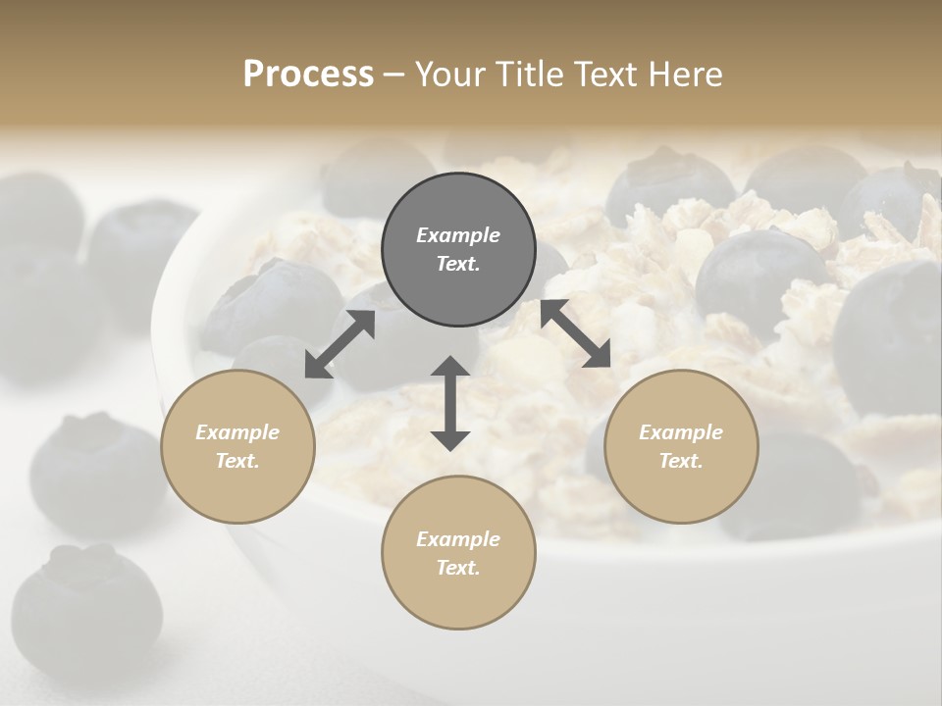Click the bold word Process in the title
(x=308, y=75)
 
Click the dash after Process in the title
(x=393, y=76)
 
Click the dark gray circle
(x=458, y=249)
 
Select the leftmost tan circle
(x=237, y=446)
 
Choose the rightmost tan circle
(x=681, y=446)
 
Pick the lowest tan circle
(x=458, y=552)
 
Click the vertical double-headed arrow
(x=450, y=403)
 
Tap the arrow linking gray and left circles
(x=340, y=344)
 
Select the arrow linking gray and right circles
(x=576, y=333)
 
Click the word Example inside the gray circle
(x=458, y=235)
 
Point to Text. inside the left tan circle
(x=237, y=461)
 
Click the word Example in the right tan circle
(x=681, y=432)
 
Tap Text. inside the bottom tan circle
(x=458, y=568)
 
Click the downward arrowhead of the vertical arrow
(x=450, y=438)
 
